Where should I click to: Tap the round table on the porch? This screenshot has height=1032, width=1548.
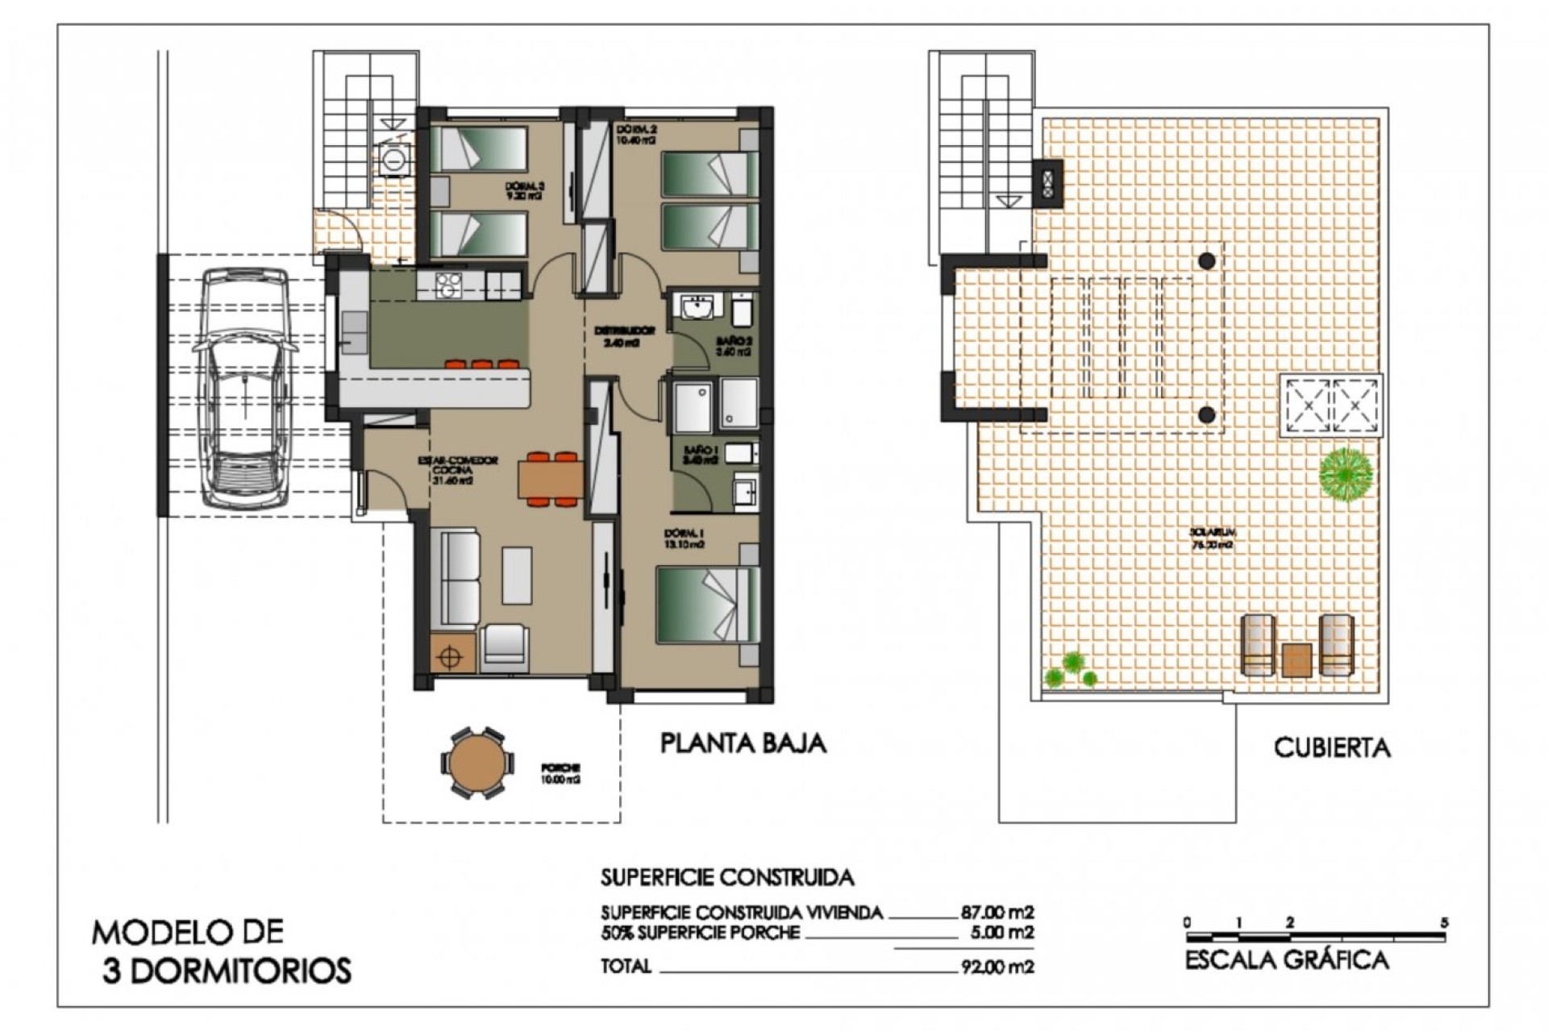tap(476, 763)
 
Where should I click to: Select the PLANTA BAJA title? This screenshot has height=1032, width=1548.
tap(743, 743)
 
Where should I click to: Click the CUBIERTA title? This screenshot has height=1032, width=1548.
tap(1331, 747)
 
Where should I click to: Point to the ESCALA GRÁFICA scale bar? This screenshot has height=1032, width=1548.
tap(1316, 937)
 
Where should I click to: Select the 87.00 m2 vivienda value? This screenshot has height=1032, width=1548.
tap(997, 913)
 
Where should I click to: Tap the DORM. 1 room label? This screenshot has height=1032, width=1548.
tap(685, 539)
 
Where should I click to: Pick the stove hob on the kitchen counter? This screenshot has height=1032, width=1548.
tap(447, 285)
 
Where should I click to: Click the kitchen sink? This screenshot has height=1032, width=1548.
tap(352, 332)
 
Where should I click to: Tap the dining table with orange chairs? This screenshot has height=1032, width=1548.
tap(551, 480)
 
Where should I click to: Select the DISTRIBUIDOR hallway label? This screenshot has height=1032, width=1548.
tap(624, 336)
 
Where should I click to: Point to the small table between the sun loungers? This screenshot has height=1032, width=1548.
tap(1296, 659)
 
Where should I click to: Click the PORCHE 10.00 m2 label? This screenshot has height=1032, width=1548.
tap(561, 774)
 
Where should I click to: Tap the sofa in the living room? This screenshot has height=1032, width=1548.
tap(453, 577)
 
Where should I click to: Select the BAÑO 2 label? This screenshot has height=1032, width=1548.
tap(734, 347)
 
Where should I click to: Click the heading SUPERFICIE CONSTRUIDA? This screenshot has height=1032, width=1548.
tap(726, 876)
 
